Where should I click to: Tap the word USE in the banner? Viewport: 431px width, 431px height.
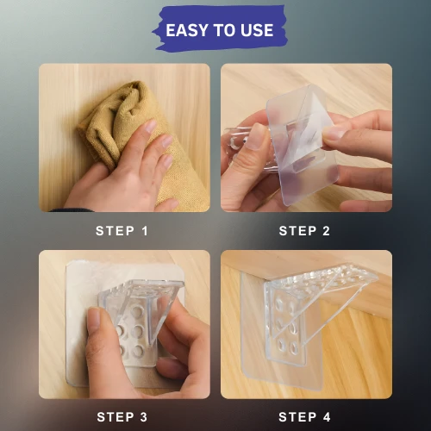pyautogui.click(x=257, y=30)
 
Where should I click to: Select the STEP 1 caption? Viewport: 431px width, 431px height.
pyautogui.click(x=122, y=231)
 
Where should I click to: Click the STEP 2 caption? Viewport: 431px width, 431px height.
pyautogui.click(x=304, y=231)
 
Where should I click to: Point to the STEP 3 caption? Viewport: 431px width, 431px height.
pyautogui.click(x=122, y=417)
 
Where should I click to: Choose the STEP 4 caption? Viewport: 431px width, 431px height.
pyautogui.click(x=304, y=417)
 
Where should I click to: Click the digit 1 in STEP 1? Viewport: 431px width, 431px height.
pyautogui.click(x=145, y=231)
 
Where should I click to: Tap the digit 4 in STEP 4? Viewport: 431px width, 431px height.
pyautogui.click(x=327, y=417)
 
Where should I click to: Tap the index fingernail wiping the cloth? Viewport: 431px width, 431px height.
pyautogui.click(x=151, y=126)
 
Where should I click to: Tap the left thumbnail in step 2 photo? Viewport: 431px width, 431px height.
pyautogui.click(x=257, y=136)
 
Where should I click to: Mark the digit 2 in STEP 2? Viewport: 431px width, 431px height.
pyautogui.click(x=326, y=231)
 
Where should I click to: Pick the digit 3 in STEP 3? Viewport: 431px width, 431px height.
pyautogui.click(x=144, y=417)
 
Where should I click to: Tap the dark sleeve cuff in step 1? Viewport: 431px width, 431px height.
pyautogui.click(x=72, y=210)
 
